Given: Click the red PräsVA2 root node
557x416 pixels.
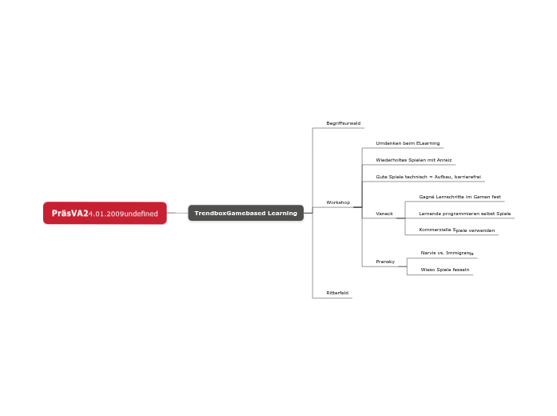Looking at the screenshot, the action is [105, 214].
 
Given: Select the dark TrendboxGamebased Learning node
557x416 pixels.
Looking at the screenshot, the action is [245, 214].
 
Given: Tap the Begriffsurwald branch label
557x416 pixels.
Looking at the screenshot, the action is [343, 123].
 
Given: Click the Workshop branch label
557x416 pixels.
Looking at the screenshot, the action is [338, 202].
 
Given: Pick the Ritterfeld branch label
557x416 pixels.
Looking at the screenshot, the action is [337, 294].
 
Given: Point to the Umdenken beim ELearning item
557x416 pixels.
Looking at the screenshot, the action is [408, 143].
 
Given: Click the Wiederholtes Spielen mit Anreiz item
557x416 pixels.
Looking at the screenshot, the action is [414, 160].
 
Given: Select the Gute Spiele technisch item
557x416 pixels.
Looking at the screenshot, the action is [428, 177].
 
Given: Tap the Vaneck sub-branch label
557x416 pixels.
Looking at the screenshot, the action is [384, 214].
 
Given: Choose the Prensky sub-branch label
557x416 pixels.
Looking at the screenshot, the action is [385, 262].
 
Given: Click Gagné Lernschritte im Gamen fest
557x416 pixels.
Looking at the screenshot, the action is [460, 197].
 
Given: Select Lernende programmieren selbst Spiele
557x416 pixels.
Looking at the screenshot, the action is [464, 214].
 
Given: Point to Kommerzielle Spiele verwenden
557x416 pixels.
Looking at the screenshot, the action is [456, 230].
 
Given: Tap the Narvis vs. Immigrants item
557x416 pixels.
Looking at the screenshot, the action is [447, 253].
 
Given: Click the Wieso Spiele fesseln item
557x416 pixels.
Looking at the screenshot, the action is [444, 270].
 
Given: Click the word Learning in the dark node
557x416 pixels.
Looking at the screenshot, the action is [282, 214].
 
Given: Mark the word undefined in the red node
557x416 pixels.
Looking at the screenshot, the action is [141, 214].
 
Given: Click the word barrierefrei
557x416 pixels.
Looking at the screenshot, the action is [467, 177].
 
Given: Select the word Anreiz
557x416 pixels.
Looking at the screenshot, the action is [444, 160].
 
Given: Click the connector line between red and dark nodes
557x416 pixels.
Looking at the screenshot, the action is [177, 214].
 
